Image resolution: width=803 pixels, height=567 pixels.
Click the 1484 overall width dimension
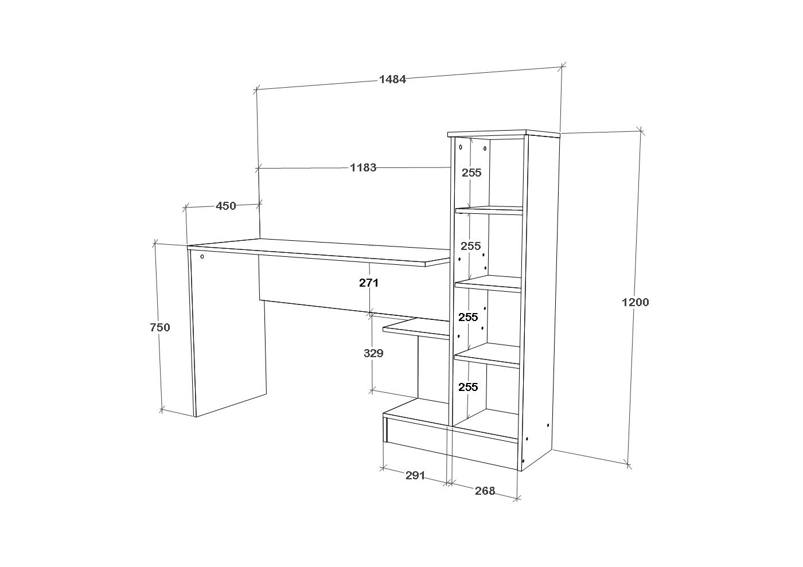392,80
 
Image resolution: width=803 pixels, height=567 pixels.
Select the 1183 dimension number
363,168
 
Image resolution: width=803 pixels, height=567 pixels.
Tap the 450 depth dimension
226,206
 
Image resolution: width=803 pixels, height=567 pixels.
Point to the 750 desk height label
159,328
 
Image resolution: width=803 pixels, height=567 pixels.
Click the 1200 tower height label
636,302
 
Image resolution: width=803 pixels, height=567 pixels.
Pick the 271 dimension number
369,283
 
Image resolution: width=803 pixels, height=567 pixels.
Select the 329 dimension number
373,354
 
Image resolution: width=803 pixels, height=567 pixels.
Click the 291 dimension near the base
415,475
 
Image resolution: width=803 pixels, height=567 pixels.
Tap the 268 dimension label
485,491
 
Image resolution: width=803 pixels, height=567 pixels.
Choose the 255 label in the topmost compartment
471,173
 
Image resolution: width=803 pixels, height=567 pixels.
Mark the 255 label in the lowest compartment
468,387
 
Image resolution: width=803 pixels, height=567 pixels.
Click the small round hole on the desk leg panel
202,257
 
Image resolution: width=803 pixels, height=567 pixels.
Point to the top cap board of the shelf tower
504,134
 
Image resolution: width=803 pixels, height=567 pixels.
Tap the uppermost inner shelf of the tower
489,210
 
